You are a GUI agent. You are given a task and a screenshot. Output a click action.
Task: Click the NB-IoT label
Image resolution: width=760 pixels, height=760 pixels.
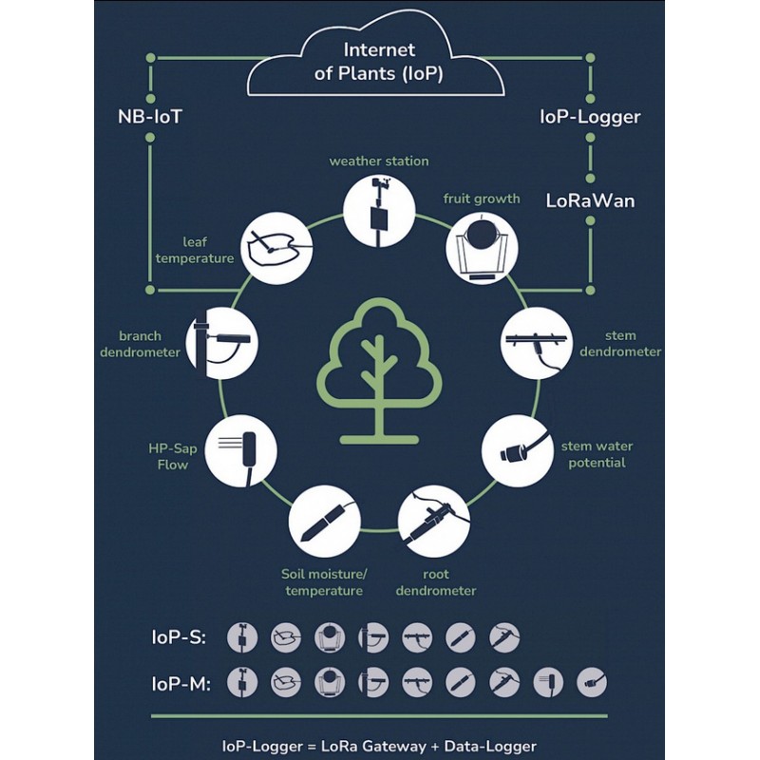pyautogui.click(x=150, y=117)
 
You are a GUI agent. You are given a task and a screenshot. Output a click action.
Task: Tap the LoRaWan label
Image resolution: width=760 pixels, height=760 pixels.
pyautogui.click(x=590, y=200)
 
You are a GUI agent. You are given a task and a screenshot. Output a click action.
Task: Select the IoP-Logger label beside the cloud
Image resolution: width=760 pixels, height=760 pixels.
pyautogui.click(x=590, y=117)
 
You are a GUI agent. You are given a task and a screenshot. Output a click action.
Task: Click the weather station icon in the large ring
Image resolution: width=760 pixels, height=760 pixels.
pyautogui.click(x=379, y=211)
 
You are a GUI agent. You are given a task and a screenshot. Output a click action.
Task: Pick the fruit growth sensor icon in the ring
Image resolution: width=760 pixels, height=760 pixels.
pyautogui.click(x=482, y=248)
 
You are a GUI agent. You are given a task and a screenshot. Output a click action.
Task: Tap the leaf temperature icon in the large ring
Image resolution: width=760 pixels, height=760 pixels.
pyautogui.click(x=276, y=248)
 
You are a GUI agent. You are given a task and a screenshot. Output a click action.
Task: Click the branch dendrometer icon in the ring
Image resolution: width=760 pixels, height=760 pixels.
pyautogui.click(x=222, y=343)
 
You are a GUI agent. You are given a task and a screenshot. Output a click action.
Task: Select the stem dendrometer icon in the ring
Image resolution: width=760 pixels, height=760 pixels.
pyautogui.click(x=536, y=343)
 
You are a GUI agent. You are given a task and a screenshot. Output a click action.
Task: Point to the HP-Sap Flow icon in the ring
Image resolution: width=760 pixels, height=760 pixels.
pyautogui.click(x=240, y=451)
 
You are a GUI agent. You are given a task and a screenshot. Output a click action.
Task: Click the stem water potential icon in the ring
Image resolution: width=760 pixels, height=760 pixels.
pyautogui.click(x=518, y=450)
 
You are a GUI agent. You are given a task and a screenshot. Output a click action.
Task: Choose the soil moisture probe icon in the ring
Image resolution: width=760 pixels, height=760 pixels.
pyautogui.click(x=324, y=522)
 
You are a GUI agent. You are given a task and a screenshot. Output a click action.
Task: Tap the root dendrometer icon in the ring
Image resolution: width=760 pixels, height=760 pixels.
pyautogui.click(x=434, y=522)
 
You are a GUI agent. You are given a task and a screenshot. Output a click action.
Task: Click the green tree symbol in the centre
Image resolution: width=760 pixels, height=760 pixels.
pyautogui.click(x=379, y=371)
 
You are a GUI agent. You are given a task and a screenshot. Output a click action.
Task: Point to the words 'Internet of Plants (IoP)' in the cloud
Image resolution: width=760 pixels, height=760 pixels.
pyautogui.click(x=378, y=62)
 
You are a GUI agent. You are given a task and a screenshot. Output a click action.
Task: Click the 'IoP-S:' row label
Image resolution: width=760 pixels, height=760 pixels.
pyautogui.click(x=179, y=637)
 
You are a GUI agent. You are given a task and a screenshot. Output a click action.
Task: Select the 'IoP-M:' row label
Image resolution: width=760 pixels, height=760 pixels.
pyautogui.click(x=180, y=684)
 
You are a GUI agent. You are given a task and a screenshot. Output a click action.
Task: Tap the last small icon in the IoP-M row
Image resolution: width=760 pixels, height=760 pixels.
pyautogui.click(x=591, y=682)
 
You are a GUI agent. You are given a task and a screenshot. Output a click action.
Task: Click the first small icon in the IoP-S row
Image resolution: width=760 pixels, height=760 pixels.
pyautogui.click(x=242, y=636)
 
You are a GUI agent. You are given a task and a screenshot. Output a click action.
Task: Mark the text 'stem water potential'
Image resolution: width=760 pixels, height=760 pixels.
pyautogui.click(x=597, y=454)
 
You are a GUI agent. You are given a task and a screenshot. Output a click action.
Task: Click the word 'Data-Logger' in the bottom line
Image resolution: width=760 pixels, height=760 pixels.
pyautogui.click(x=490, y=747)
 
